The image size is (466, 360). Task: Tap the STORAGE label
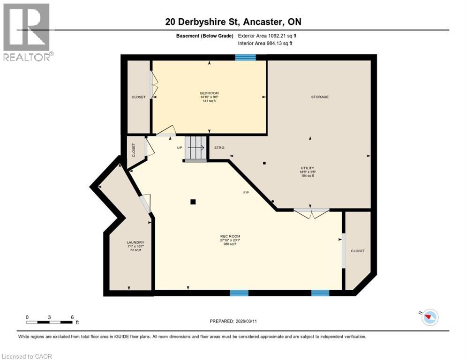(320, 97)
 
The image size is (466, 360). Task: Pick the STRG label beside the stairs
(219, 148)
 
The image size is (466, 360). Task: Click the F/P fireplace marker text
(246, 193)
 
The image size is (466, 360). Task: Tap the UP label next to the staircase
(180, 148)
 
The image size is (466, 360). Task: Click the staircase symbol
(195, 149)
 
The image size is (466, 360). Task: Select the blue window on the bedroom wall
(245, 57)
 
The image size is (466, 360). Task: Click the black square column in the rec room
(193, 202)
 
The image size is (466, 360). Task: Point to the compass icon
(429, 317)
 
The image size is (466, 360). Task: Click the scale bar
(49, 322)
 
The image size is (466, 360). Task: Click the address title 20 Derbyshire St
(233, 22)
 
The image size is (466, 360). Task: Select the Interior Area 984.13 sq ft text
(265, 44)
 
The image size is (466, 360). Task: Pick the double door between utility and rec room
(311, 211)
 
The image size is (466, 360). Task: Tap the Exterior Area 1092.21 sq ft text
(267, 36)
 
